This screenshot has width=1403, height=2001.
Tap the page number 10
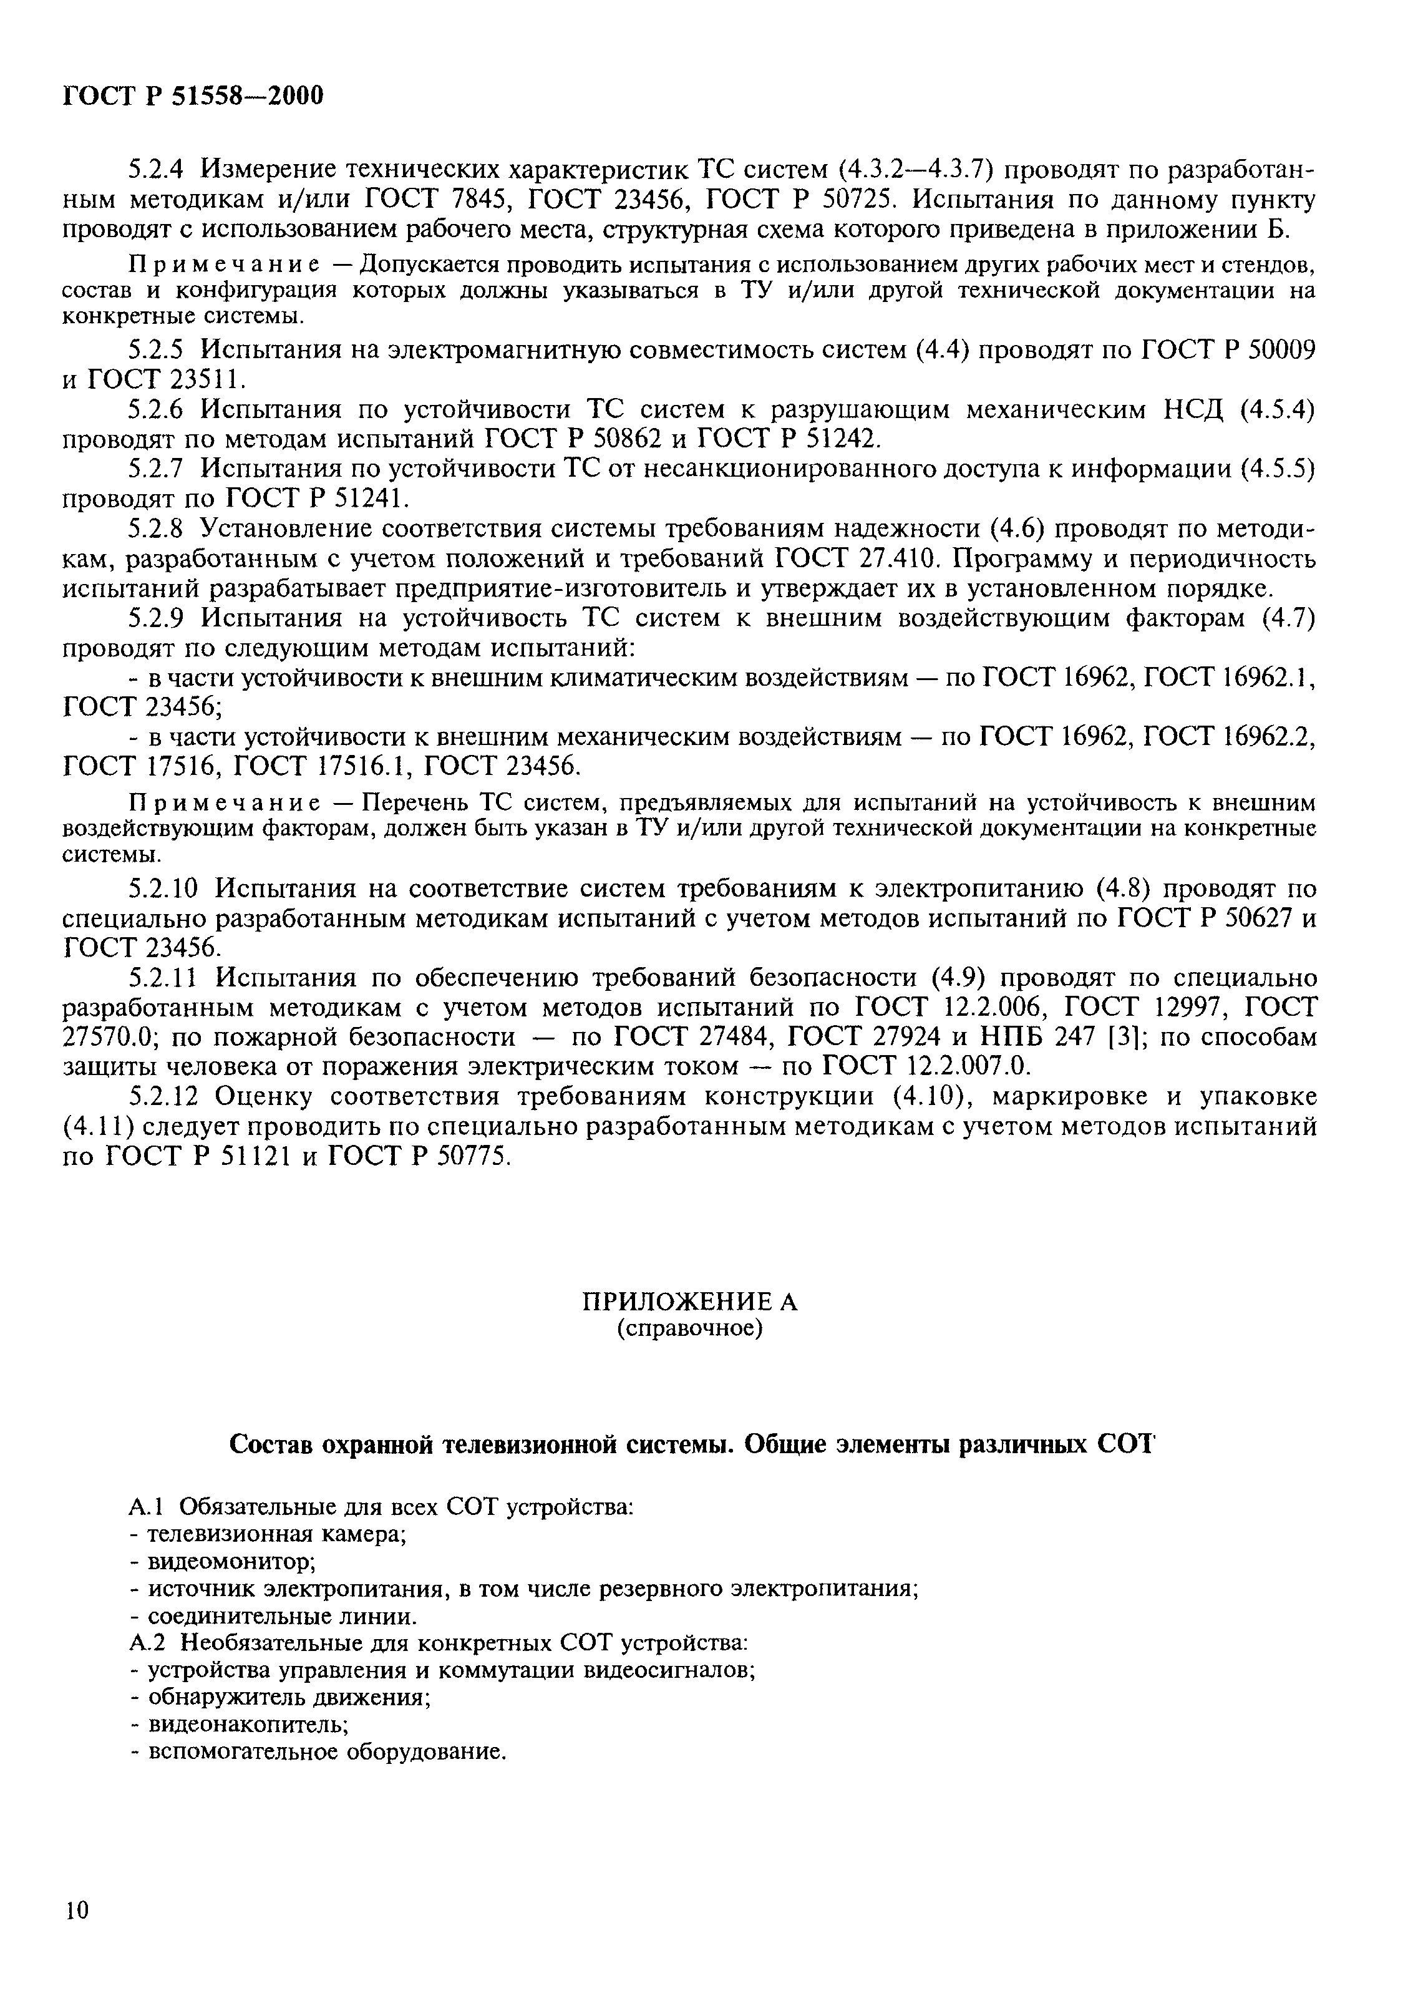[x=76, y=1909]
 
